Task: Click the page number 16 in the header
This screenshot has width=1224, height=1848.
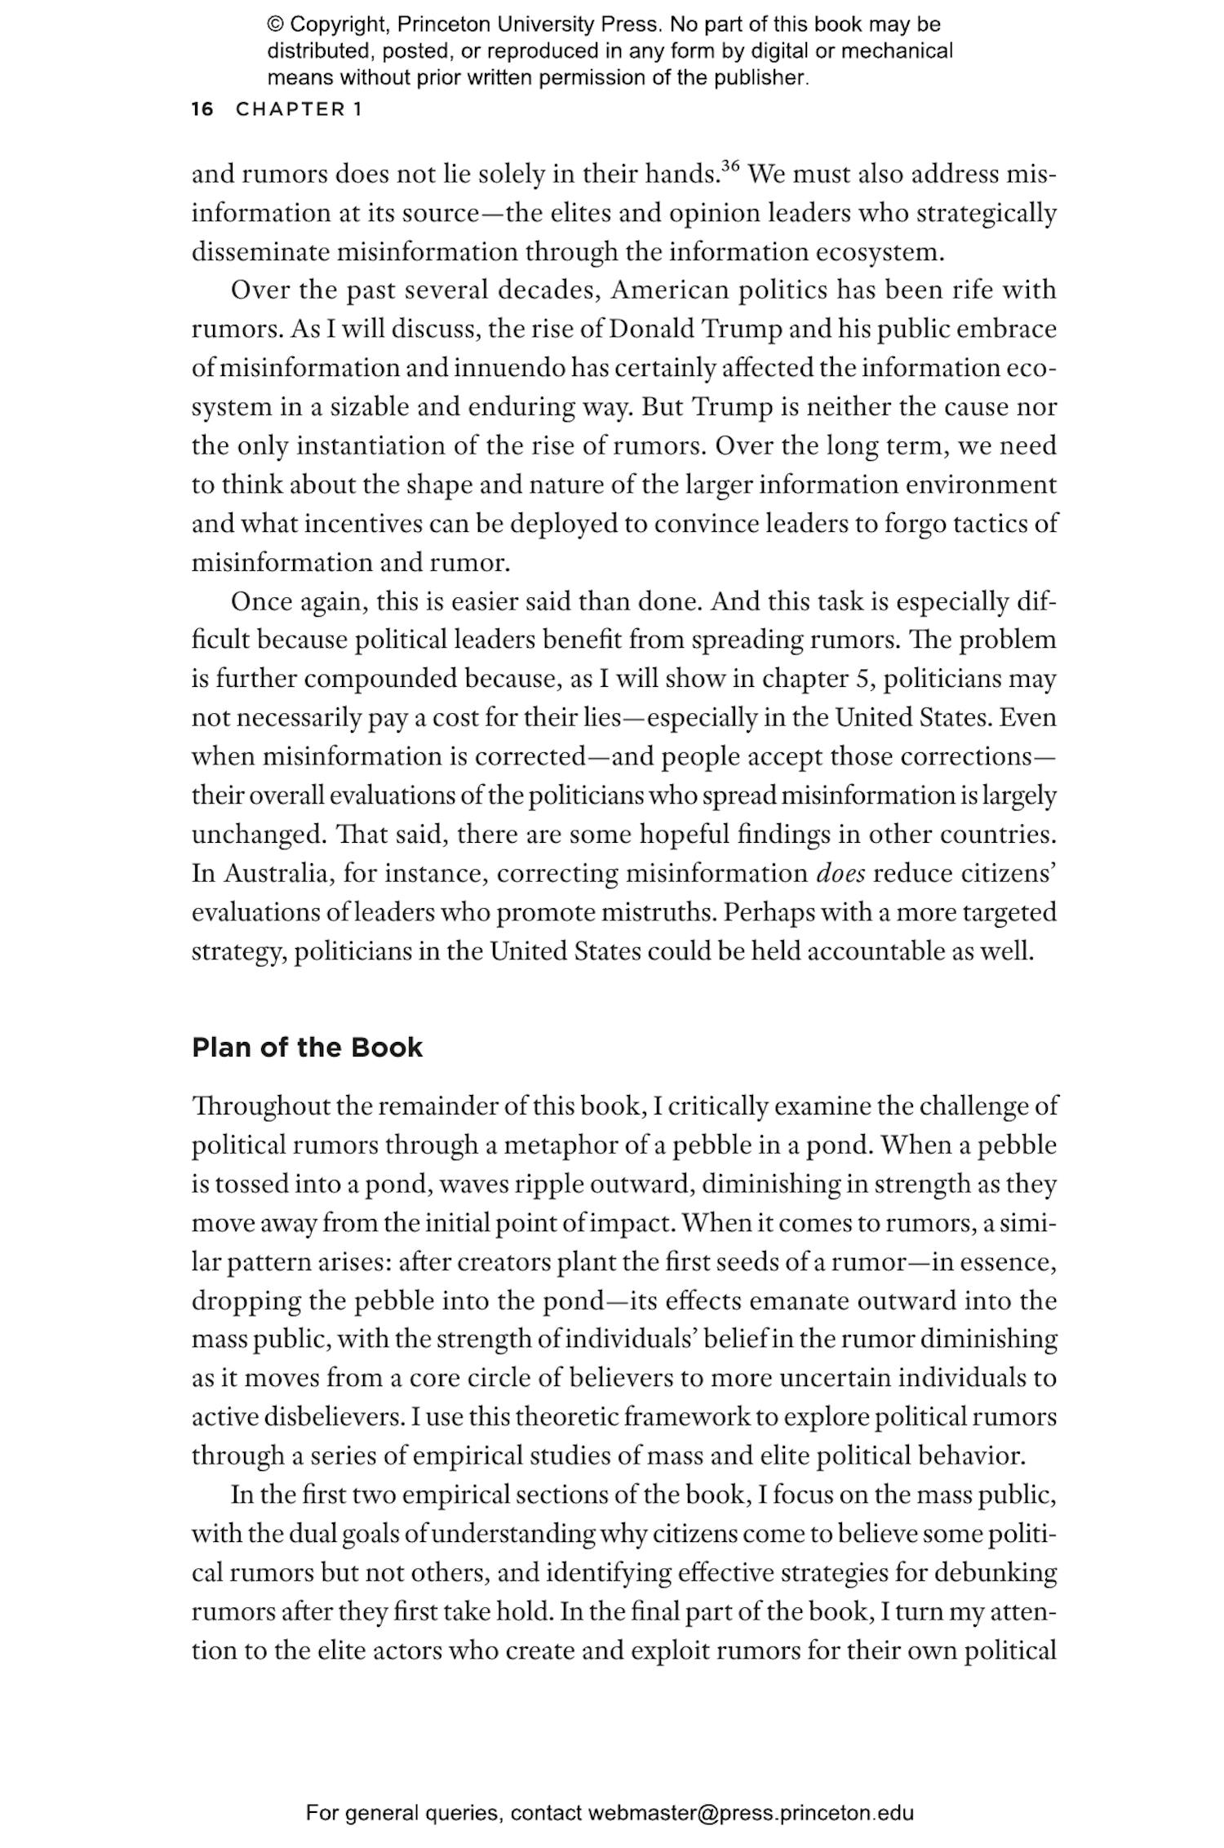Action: tap(202, 109)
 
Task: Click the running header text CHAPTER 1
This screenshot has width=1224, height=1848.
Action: tap(299, 109)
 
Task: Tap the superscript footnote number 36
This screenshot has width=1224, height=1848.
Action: tap(730, 167)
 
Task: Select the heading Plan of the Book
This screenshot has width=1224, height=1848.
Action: tap(307, 1048)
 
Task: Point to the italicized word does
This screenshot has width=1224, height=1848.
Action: tap(840, 873)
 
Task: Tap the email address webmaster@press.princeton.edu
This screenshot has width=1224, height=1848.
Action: tap(750, 1813)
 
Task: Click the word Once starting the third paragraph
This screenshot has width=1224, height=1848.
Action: tap(261, 601)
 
